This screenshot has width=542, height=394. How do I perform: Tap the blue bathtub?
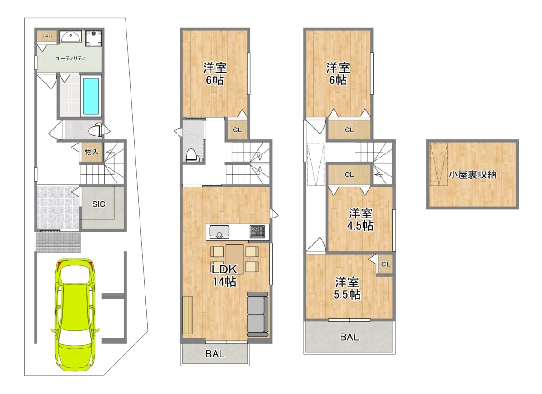91,96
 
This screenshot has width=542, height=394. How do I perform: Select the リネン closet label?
47,36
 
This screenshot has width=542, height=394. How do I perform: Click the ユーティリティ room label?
70,59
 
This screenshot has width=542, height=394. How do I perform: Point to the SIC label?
99,204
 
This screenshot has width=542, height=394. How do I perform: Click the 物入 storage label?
92,152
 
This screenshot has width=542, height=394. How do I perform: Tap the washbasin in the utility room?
70,37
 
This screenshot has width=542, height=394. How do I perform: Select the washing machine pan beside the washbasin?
93,38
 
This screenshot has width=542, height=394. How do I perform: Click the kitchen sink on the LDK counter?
219,232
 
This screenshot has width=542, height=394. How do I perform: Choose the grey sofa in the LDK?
257,314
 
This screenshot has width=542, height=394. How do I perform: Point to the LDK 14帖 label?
224,276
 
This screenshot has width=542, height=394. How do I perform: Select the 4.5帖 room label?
360,220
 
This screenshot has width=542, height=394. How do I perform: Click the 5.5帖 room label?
347,288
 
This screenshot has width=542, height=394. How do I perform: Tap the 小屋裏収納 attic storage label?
472,175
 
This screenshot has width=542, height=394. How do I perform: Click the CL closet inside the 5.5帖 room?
385,264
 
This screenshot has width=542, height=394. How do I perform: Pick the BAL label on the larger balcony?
349,337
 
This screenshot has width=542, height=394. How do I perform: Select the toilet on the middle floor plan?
192,155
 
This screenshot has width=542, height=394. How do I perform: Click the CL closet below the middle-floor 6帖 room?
238,130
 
